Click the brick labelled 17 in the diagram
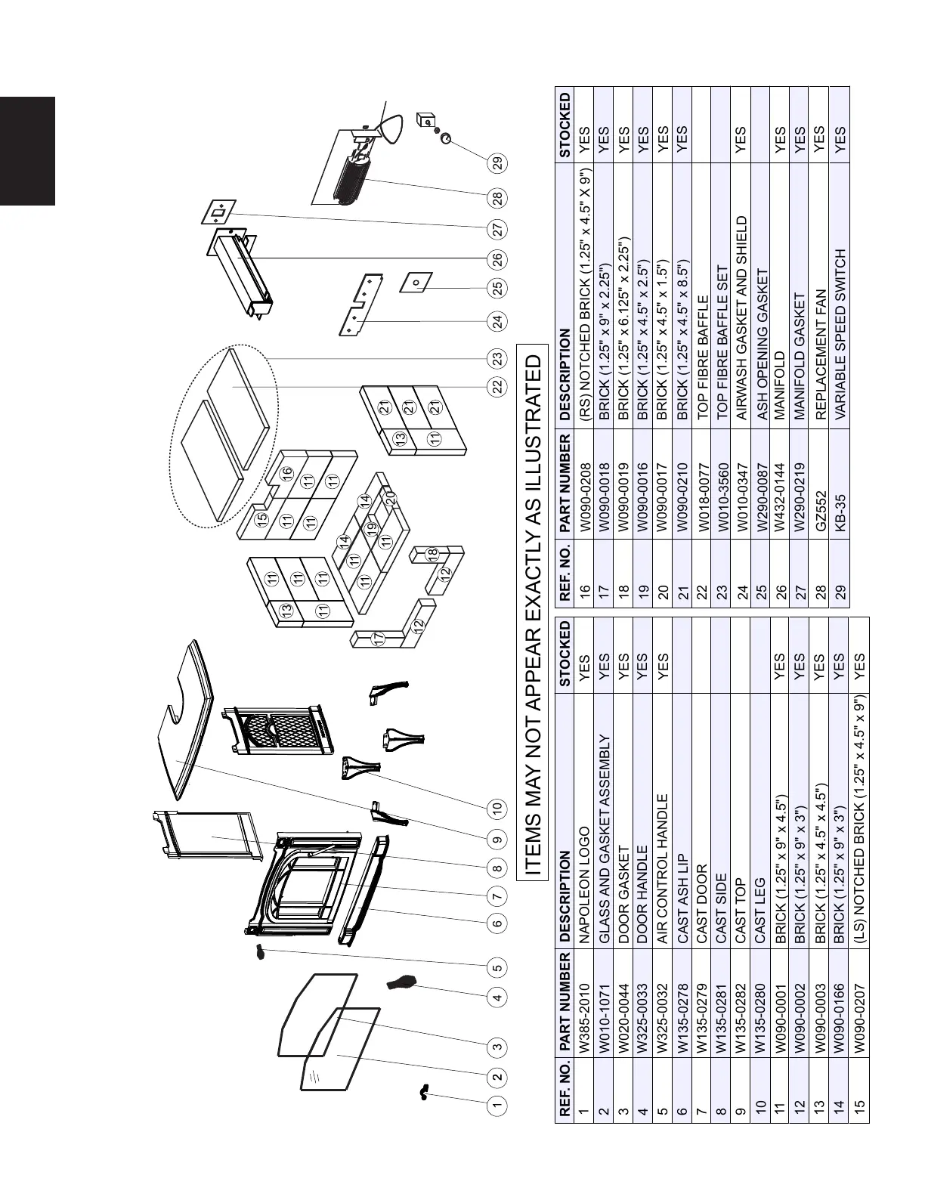(379, 639)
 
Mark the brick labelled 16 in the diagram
(286, 474)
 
